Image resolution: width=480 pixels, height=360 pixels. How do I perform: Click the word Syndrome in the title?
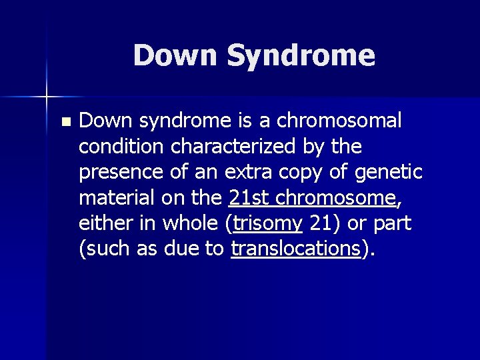[301, 56]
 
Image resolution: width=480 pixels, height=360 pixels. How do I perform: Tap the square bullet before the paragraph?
[64, 122]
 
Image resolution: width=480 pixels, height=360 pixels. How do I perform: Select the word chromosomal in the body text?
[339, 121]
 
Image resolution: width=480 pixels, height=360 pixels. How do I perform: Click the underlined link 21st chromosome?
[311, 197]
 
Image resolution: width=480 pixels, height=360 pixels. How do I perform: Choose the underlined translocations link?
[295, 248]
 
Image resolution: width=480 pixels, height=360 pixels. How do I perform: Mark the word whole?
[189, 223]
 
